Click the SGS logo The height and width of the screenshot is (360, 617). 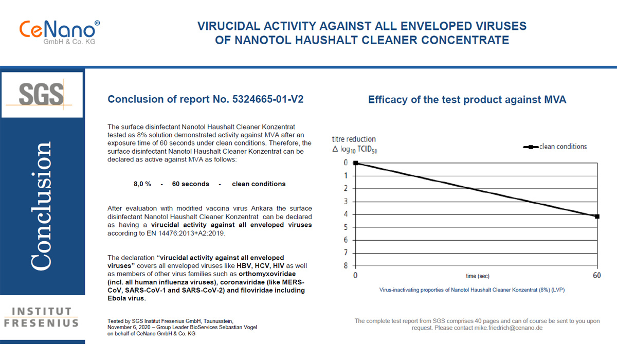click(42, 95)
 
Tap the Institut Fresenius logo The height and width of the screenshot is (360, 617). click(42, 317)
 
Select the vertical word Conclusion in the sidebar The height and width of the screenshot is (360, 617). click(42, 206)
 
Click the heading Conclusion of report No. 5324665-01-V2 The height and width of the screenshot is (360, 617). click(205, 99)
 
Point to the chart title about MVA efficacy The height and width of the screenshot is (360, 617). click(467, 100)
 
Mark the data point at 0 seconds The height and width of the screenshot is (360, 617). click(356, 163)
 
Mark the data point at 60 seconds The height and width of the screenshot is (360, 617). click(596, 217)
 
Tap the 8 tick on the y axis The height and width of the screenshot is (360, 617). click(346, 265)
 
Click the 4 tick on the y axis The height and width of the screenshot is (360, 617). click(346, 214)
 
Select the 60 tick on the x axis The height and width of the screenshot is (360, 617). click(596, 276)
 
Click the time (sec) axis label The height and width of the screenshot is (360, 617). click(478, 276)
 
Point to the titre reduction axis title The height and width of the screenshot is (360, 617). click(354, 139)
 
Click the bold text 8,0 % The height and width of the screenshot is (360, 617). click(142, 184)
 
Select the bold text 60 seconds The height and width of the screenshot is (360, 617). click(191, 184)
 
